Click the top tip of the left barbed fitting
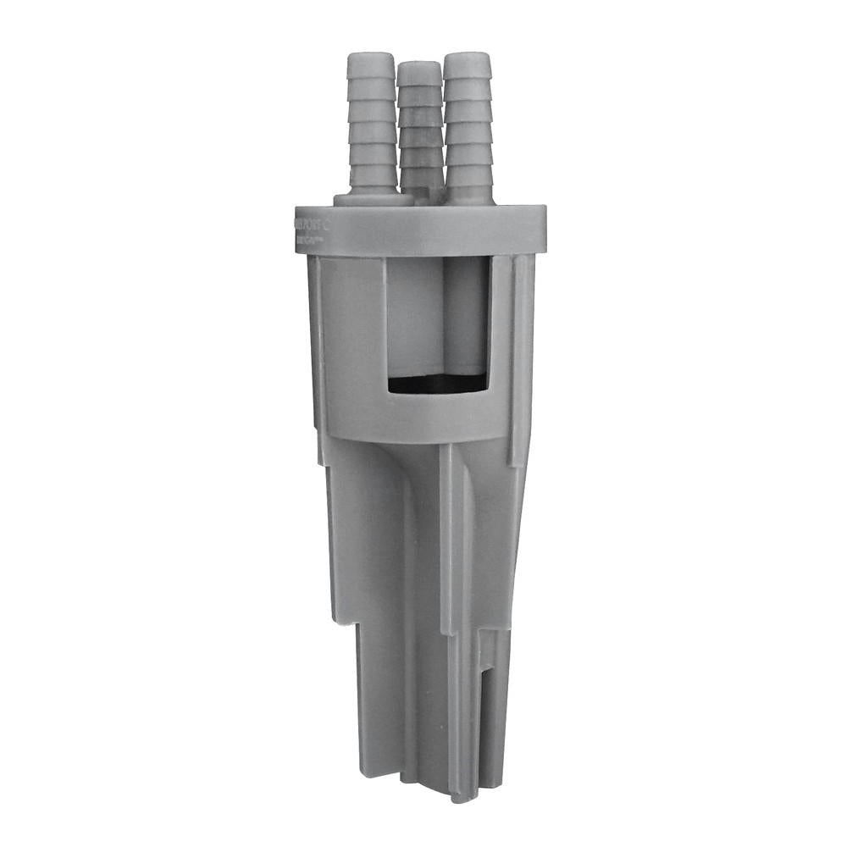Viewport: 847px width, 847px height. (x=371, y=57)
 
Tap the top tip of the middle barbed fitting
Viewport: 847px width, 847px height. (x=419, y=64)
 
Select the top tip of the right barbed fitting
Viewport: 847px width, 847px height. (x=468, y=56)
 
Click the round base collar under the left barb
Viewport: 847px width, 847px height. (x=374, y=199)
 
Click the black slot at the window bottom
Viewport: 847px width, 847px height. (x=437, y=384)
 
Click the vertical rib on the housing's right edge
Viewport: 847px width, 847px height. (x=523, y=356)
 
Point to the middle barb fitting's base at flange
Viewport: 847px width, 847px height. (x=420, y=197)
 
